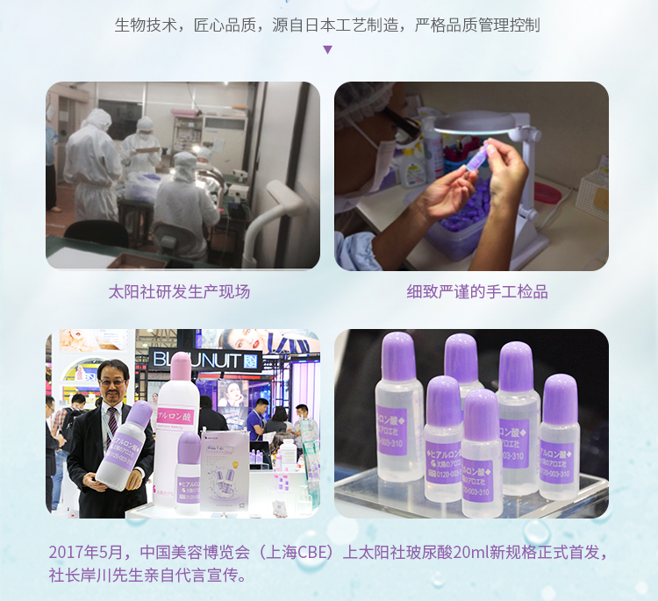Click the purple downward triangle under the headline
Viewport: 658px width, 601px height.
328,49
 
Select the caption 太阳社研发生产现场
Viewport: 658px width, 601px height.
179,292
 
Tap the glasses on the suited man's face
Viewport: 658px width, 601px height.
113,378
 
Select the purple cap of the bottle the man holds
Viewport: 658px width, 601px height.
139,413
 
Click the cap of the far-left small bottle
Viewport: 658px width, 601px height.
400,355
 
